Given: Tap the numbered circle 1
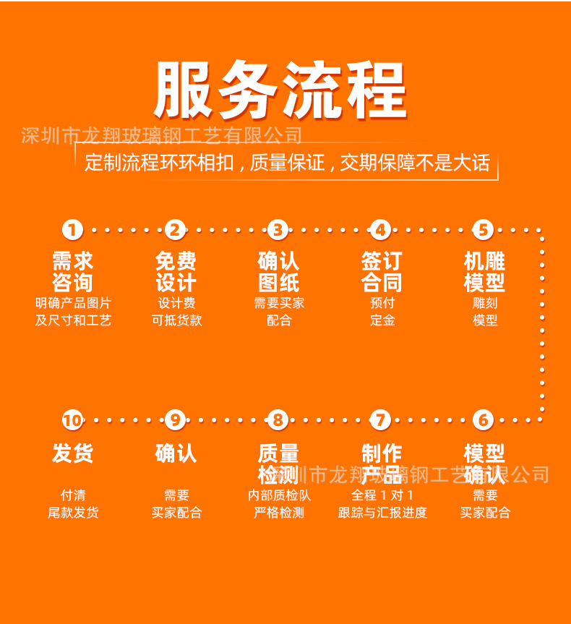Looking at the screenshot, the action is [72, 230].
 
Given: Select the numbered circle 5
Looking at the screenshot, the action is [483, 230].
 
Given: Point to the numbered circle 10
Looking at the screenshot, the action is [72, 419].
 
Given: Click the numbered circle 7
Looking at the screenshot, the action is [380, 419].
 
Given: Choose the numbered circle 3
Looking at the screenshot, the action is [278, 230].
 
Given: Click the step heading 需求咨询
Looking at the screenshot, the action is [72, 272].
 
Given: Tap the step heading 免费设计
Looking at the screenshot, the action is [176, 272].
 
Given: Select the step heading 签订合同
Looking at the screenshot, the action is [382, 272].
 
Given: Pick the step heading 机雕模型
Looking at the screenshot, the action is [484, 272].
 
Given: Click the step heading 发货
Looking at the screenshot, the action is [72, 454].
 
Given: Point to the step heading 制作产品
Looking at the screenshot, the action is [382, 463].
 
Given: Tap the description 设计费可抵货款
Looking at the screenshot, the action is [176, 312].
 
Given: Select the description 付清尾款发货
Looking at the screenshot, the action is [73, 504].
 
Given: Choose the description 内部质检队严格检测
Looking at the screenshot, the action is [279, 504].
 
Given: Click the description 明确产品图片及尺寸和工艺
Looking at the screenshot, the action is [73, 312].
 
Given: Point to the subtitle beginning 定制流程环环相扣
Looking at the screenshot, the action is [287, 163].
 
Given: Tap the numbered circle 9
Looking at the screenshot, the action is [176, 419].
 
